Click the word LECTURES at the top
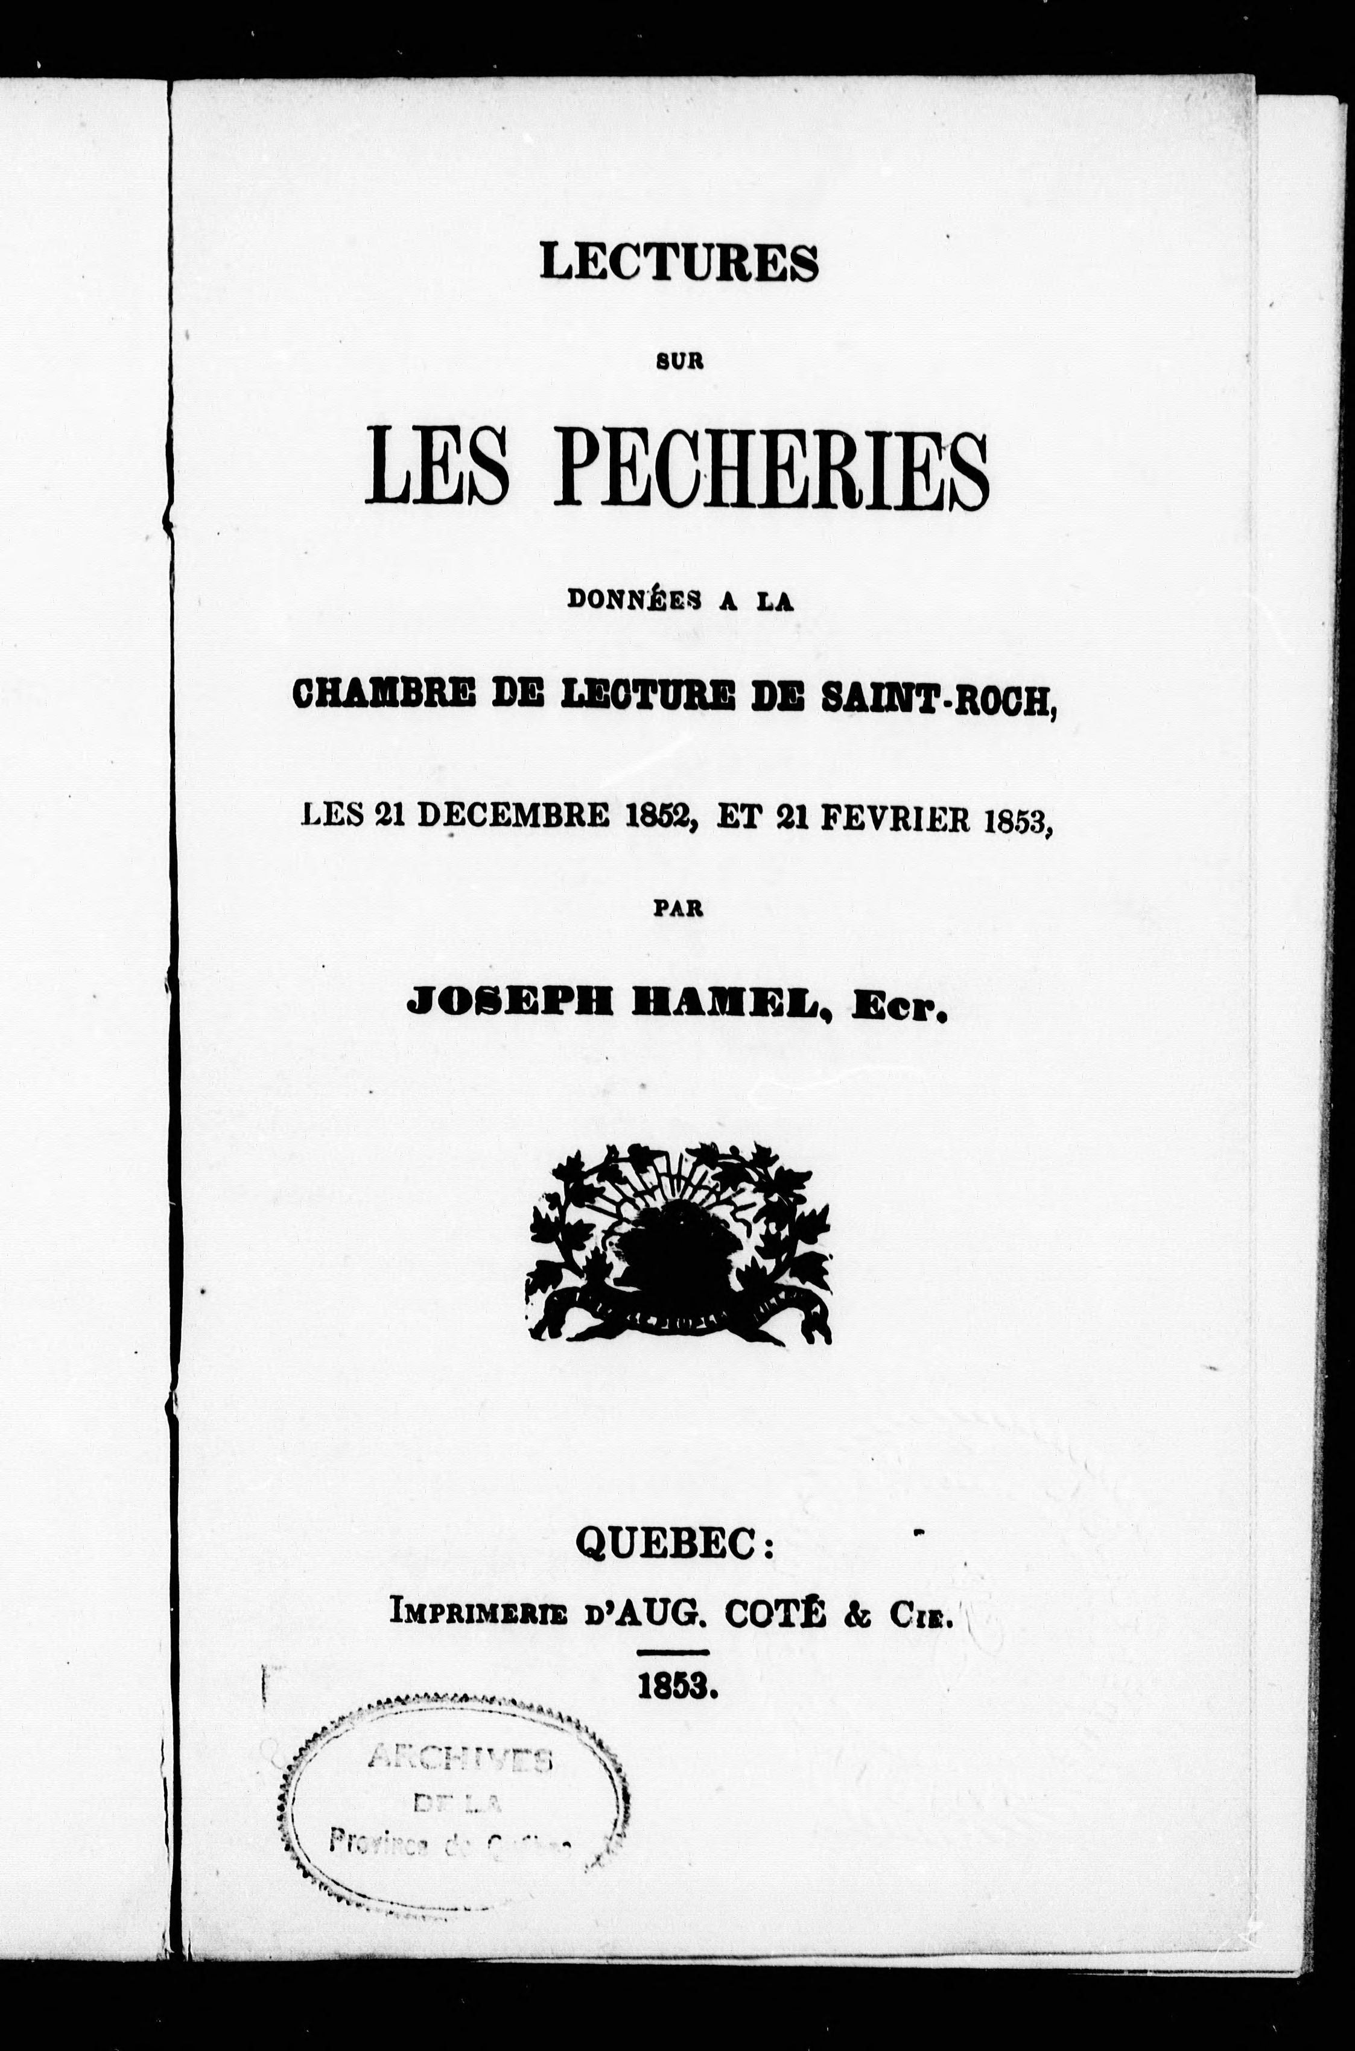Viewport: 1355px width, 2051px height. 678,262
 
